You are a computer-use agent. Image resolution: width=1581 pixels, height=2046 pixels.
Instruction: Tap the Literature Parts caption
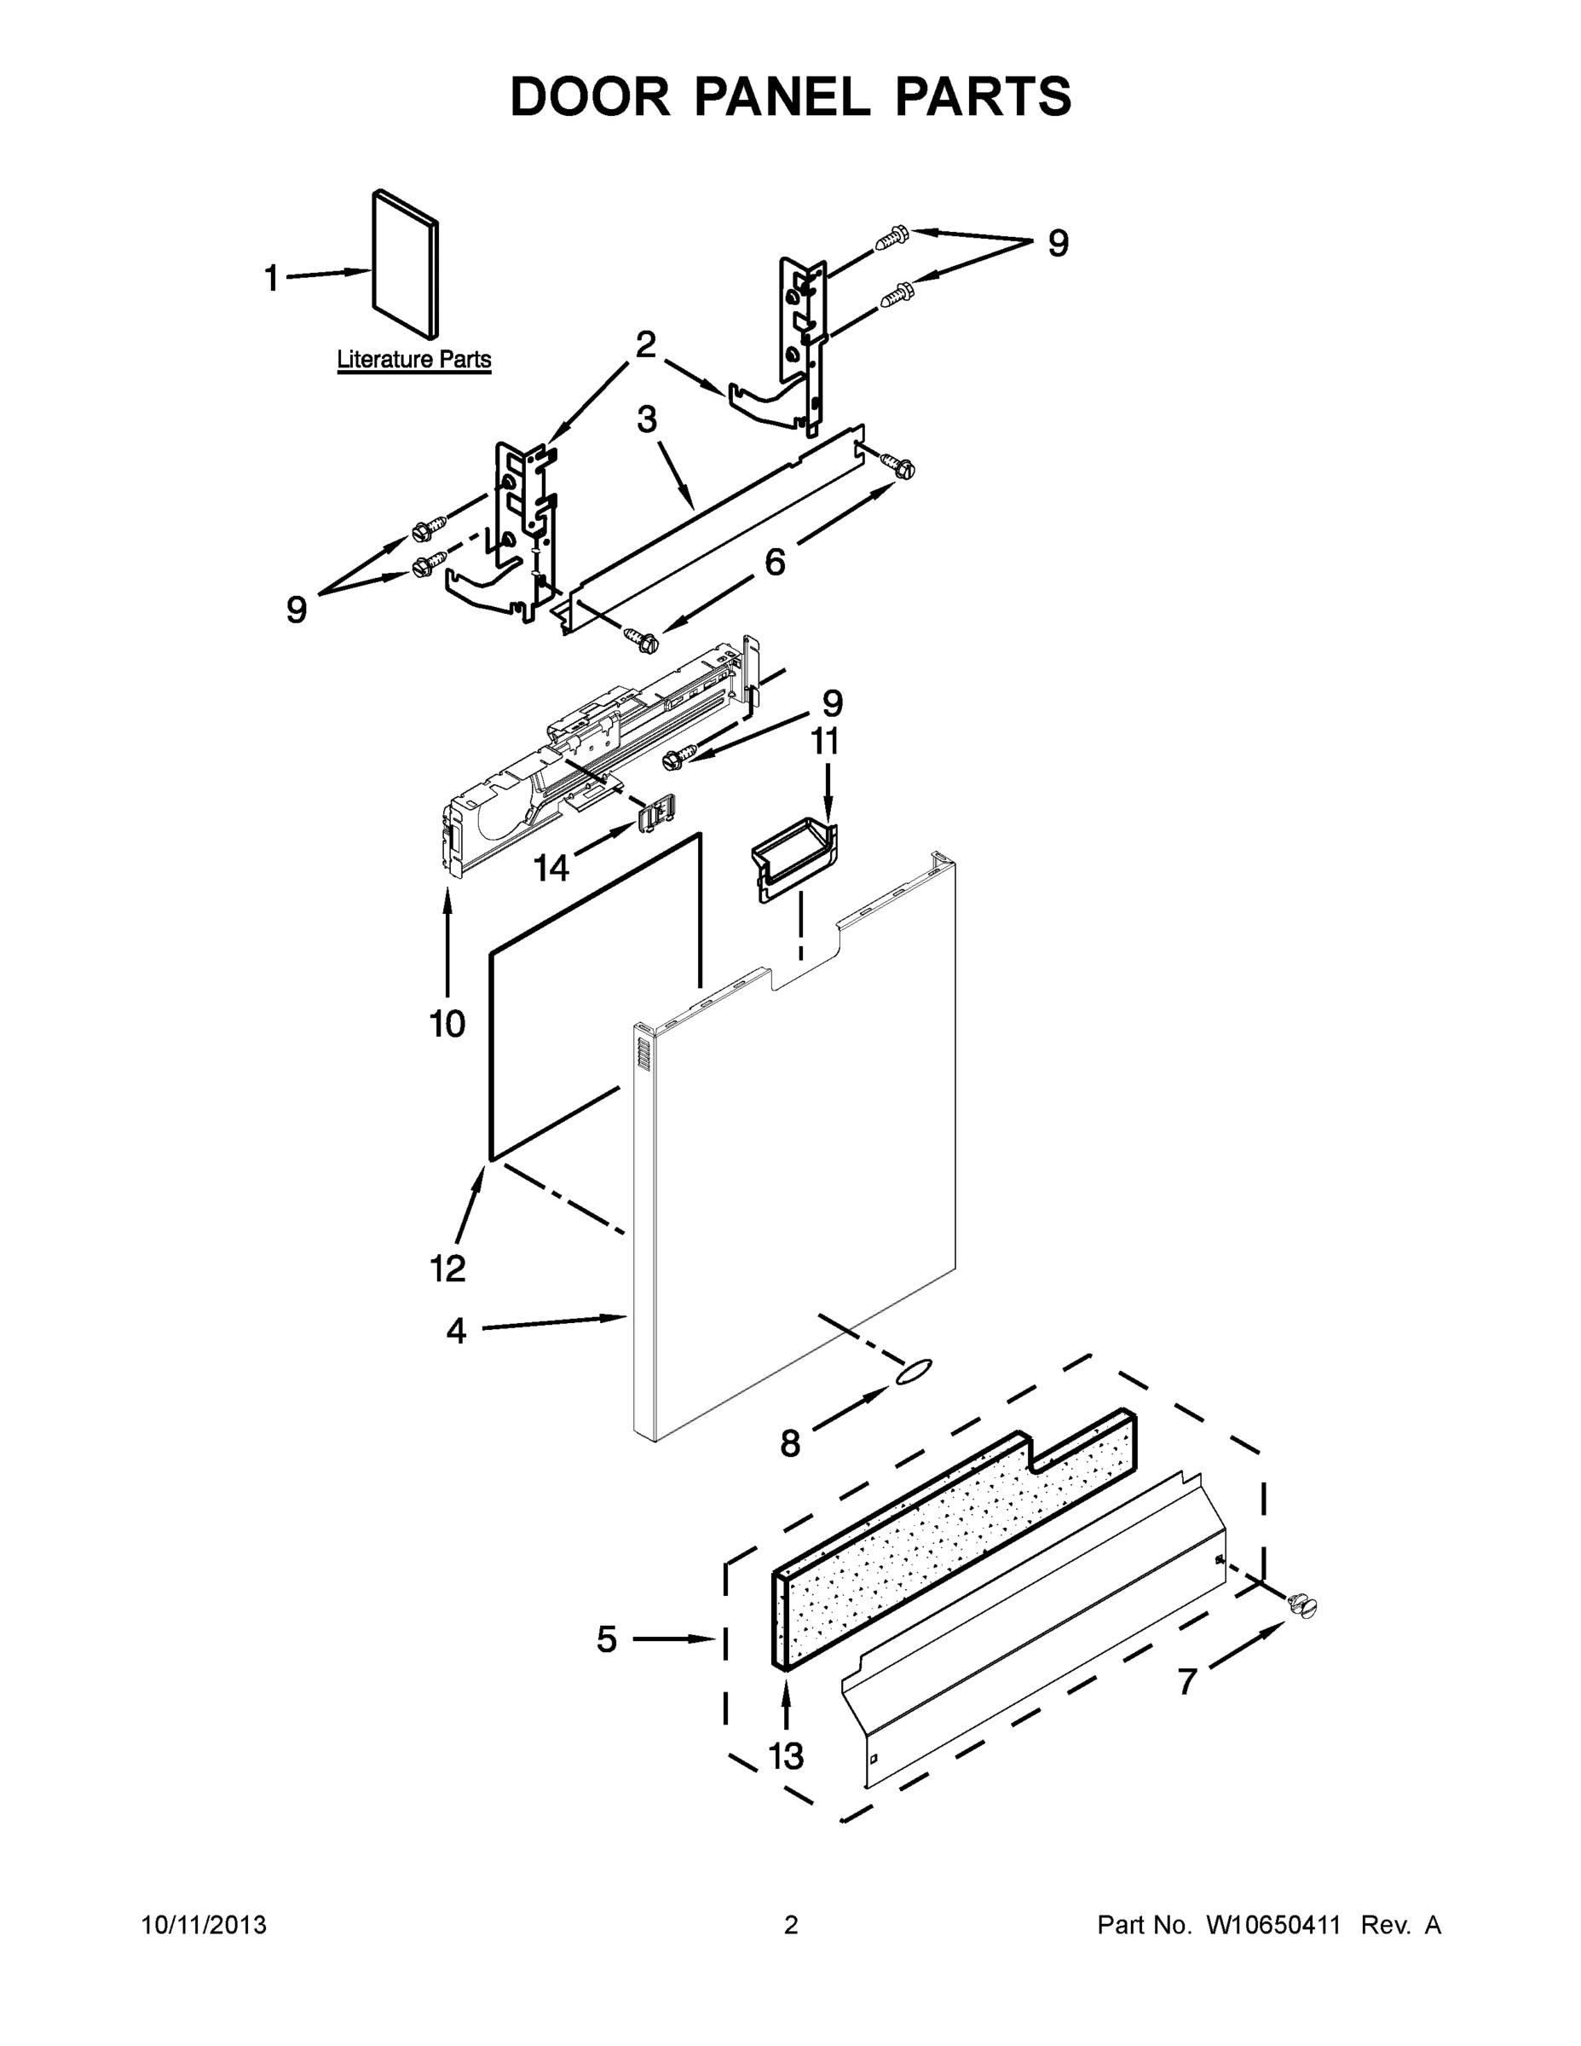(413, 359)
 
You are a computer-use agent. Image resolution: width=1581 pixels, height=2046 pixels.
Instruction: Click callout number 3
(647, 419)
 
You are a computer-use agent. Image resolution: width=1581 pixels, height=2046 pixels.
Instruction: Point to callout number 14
(551, 869)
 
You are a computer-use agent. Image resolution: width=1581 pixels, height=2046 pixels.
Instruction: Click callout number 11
(824, 741)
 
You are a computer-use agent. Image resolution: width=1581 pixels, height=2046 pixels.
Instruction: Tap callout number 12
(447, 1269)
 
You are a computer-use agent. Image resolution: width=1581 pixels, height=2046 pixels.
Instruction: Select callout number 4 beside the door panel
(456, 1330)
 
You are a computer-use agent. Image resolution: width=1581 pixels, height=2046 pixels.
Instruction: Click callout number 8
(791, 1443)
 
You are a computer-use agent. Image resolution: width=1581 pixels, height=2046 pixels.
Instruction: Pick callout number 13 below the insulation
(786, 1755)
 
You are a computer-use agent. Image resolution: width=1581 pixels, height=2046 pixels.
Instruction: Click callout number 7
(1186, 1682)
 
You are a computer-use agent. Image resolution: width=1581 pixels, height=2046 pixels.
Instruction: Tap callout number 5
(607, 1639)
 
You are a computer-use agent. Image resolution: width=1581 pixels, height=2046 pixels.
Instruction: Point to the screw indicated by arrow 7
(1302, 1606)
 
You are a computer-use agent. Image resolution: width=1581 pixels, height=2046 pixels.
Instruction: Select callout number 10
(447, 1024)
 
